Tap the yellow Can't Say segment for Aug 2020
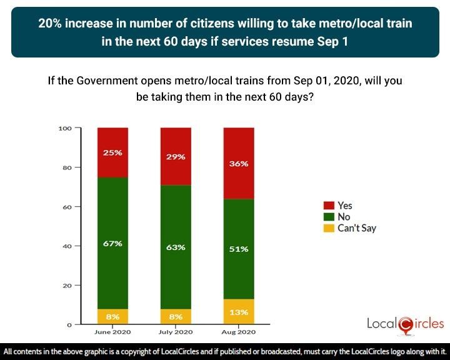(239, 312)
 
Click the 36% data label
(239, 164)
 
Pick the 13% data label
(239, 312)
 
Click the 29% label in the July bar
(176, 157)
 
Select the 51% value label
(239, 249)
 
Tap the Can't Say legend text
(356, 228)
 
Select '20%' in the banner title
(51, 23)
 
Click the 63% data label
(176, 247)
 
